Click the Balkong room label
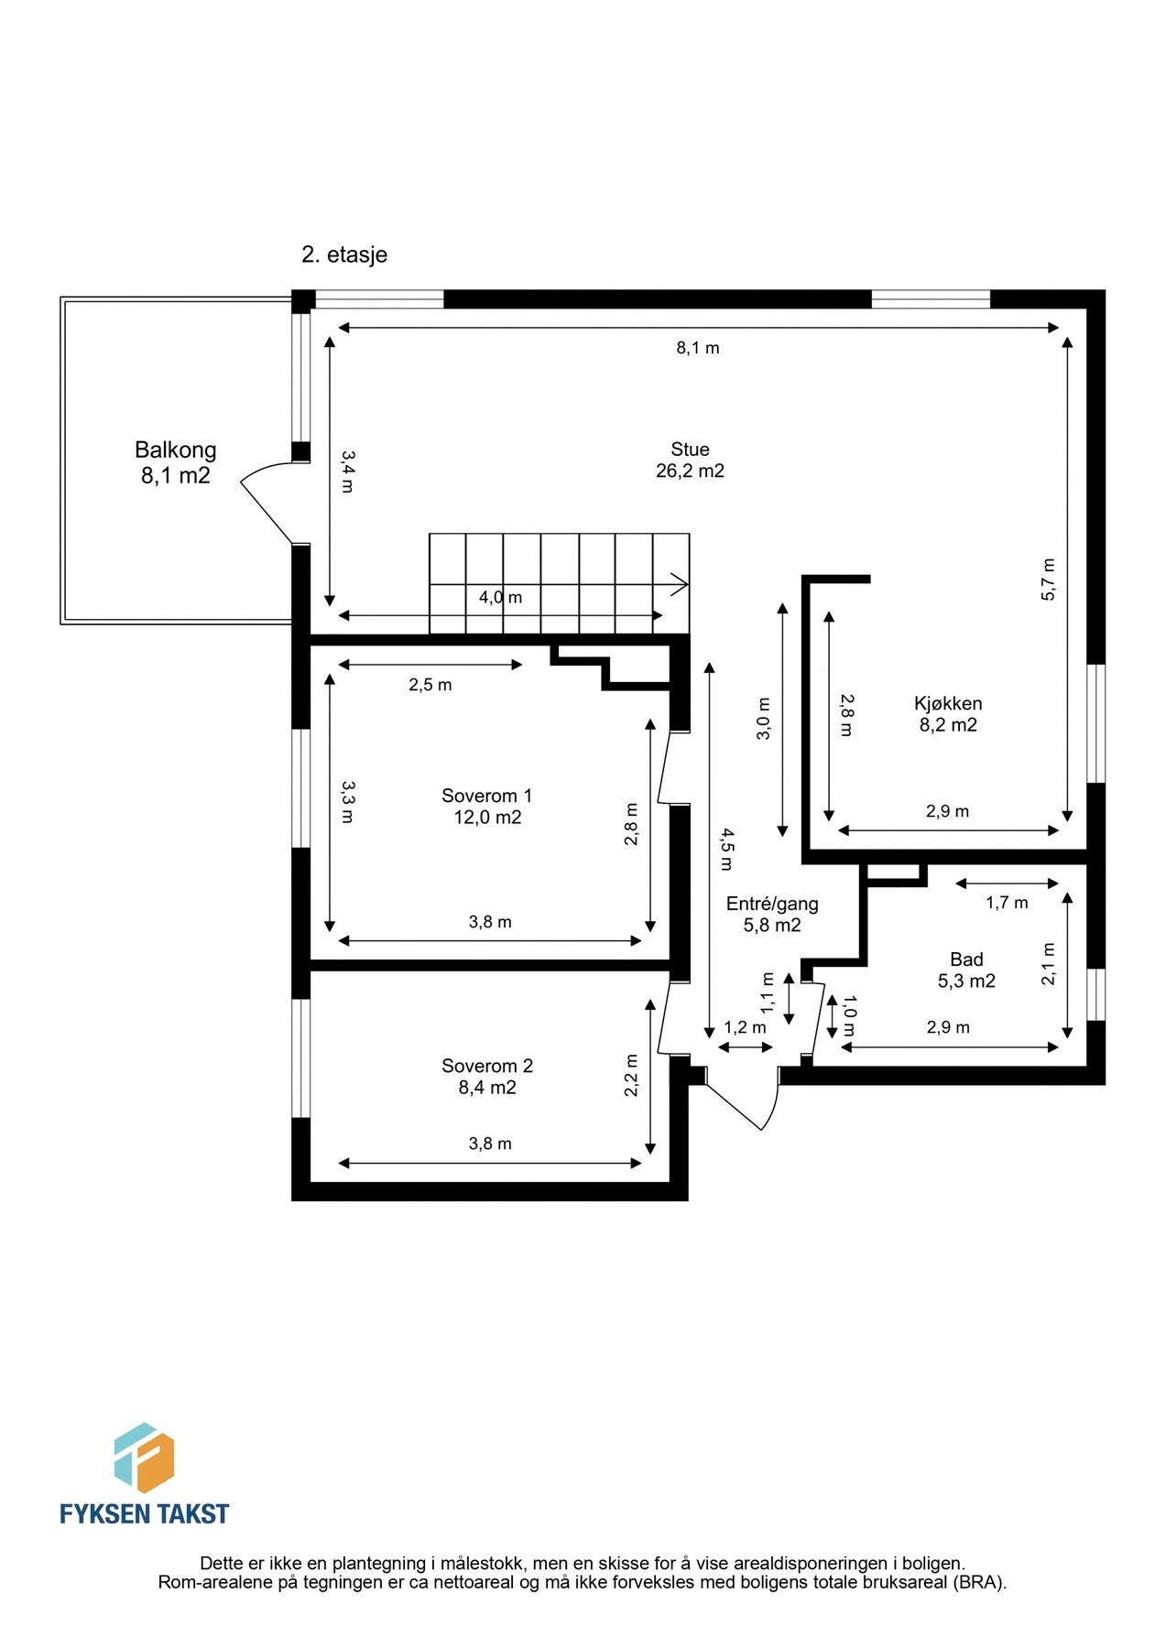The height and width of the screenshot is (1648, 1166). point(175,461)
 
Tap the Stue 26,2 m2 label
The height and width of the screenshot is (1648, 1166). point(690,460)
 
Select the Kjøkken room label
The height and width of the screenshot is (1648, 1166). point(948,714)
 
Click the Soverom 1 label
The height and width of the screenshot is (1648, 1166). point(486,806)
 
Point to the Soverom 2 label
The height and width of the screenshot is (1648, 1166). point(486,1077)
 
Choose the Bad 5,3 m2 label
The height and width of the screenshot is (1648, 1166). point(966,970)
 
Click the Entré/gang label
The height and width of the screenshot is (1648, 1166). point(772,914)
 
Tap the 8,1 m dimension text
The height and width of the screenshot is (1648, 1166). point(698,348)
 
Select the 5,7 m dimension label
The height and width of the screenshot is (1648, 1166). point(1049,579)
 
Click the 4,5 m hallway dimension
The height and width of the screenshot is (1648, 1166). point(725,848)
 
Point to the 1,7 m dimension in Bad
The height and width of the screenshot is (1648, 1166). point(1007,903)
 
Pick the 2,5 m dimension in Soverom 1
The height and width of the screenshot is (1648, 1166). point(430,685)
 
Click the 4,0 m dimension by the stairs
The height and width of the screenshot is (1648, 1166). point(500,597)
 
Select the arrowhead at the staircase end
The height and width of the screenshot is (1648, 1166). point(680,583)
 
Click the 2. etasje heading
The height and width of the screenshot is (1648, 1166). point(344,255)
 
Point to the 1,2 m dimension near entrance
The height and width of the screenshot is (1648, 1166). point(745,1027)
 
